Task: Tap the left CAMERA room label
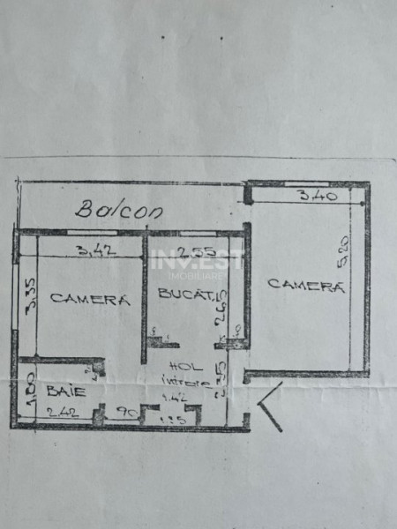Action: (x=90, y=299)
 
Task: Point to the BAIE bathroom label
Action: (x=61, y=390)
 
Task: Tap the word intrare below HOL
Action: (x=185, y=383)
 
